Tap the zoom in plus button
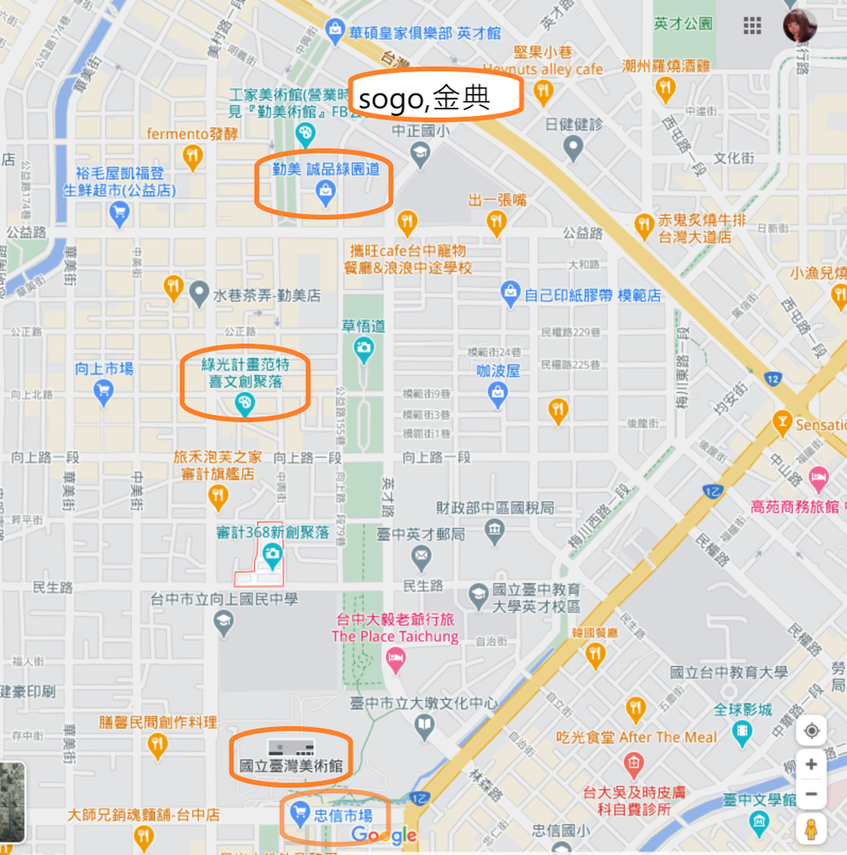(x=811, y=764)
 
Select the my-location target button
(x=811, y=731)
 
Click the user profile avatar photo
(x=799, y=26)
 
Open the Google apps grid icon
(x=753, y=26)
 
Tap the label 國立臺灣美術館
(x=291, y=766)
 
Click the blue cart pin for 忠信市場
(x=299, y=814)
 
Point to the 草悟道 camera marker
(x=363, y=352)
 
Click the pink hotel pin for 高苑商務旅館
(x=819, y=480)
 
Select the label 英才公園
(x=683, y=23)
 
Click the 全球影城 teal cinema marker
(x=742, y=732)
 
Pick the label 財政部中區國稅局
(x=495, y=508)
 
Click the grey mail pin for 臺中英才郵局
(x=422, y=555)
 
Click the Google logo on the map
(x=383, y=835)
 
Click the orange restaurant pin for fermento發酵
(x=193, y=155)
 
